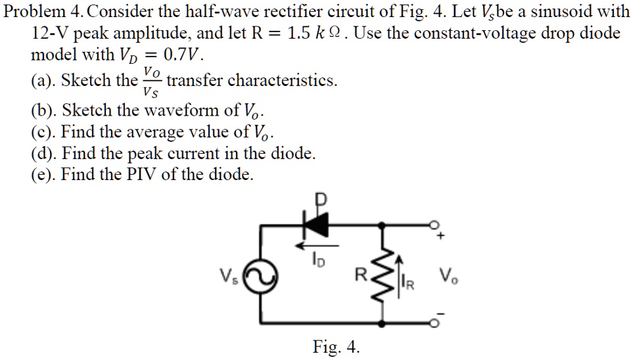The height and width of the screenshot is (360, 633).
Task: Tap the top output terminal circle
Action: point(434,225)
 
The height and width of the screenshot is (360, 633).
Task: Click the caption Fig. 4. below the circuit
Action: point(336,347)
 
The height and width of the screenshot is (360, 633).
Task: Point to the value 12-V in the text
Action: point(48,33)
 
